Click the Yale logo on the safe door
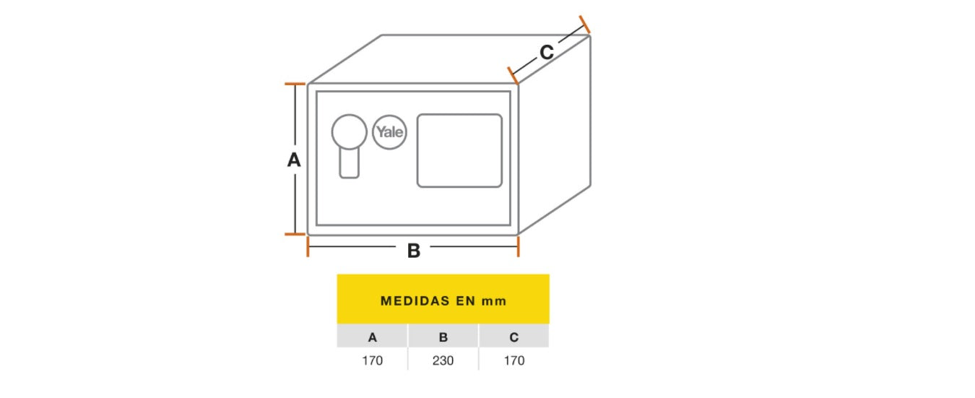pyautogui.click(x=389, y=132)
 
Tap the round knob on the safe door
pyautogui.click(x=349, y=132)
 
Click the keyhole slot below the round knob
pyautogui.click(x=350, y=164)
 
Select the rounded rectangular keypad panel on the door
pyautogui.click(x=459, y=150)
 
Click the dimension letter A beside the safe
pyautogui.click(x=294, y=160)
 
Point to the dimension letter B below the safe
pyautogui.click(x=414, y=251)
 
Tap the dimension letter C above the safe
pyautogui.click(x=547, y=52)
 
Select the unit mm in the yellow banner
pyautogui.click(x=495, y=300)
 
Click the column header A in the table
pyautogui.click(x=373, y=337)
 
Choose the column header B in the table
pyautogui.click(x=443, y=337)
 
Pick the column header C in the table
pyautogui.click(x=514, y=337)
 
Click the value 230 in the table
pyautogui.click(x=443, y=360)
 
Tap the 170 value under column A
pyautogui.click(x=373, y=360)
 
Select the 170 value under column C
pyautogui.click(x=514, y=360)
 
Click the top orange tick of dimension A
pyautogui.click(x=295, y=85)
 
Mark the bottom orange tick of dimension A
pyautogui.click(x=295, y=234)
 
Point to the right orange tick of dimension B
pyautogui.click(x=518, y=246)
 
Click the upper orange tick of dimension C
pyautogui.click(x=584, y=25)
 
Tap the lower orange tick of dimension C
pyautogui.click(x=513, y=74)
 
